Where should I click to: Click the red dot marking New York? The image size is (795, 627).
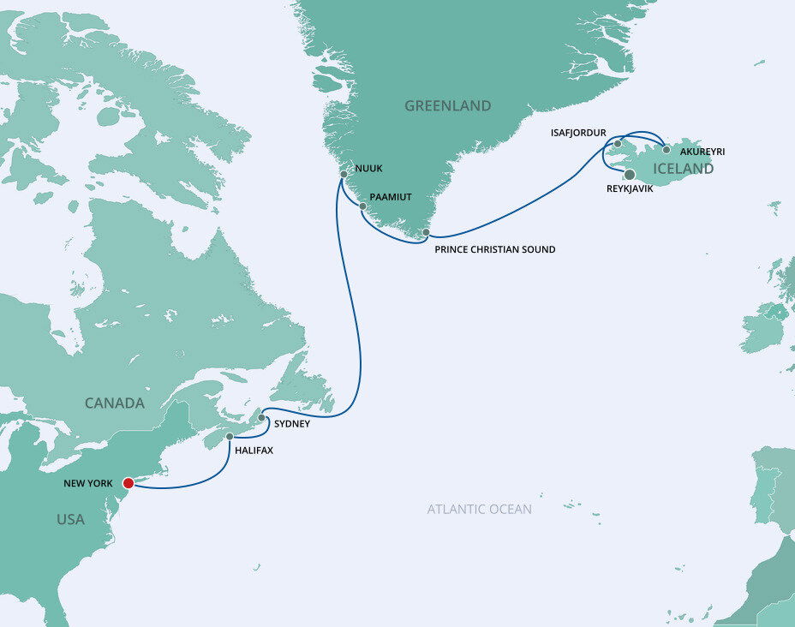click(129, 483)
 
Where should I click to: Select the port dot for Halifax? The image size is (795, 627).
click(230, 437)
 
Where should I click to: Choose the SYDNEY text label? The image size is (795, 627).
click(292, 424)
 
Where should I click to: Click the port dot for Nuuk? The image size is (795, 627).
click(344, 174)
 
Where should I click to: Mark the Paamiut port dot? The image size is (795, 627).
click(363, 206)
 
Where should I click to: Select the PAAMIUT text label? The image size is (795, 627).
click(391, 197)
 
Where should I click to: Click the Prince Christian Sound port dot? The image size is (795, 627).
click(426, 232)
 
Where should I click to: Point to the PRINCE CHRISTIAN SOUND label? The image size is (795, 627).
click(495, 249)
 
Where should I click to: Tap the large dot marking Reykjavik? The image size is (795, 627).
click(630, 175)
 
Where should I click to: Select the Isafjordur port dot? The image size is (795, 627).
click(618, 144)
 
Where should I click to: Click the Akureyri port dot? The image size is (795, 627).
click(666, 150)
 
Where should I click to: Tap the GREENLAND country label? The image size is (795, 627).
click(447, 106)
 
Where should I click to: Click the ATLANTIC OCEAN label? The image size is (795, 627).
click(480, 510)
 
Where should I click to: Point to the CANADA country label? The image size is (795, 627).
click(114, 403)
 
